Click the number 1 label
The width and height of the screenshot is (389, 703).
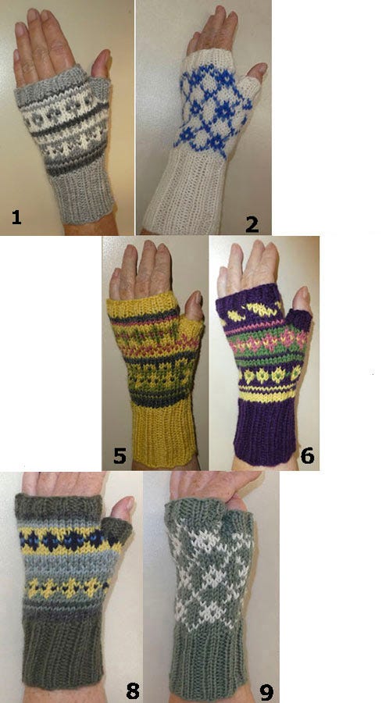click(x=16, y=217)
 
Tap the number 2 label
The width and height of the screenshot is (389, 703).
click(x=252, y=223)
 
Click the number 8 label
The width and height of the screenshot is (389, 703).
click(x=132, y=691)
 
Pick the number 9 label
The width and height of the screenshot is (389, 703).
click(x=266, y=691)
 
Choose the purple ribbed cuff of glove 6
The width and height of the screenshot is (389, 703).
click(x=265, y=428)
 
